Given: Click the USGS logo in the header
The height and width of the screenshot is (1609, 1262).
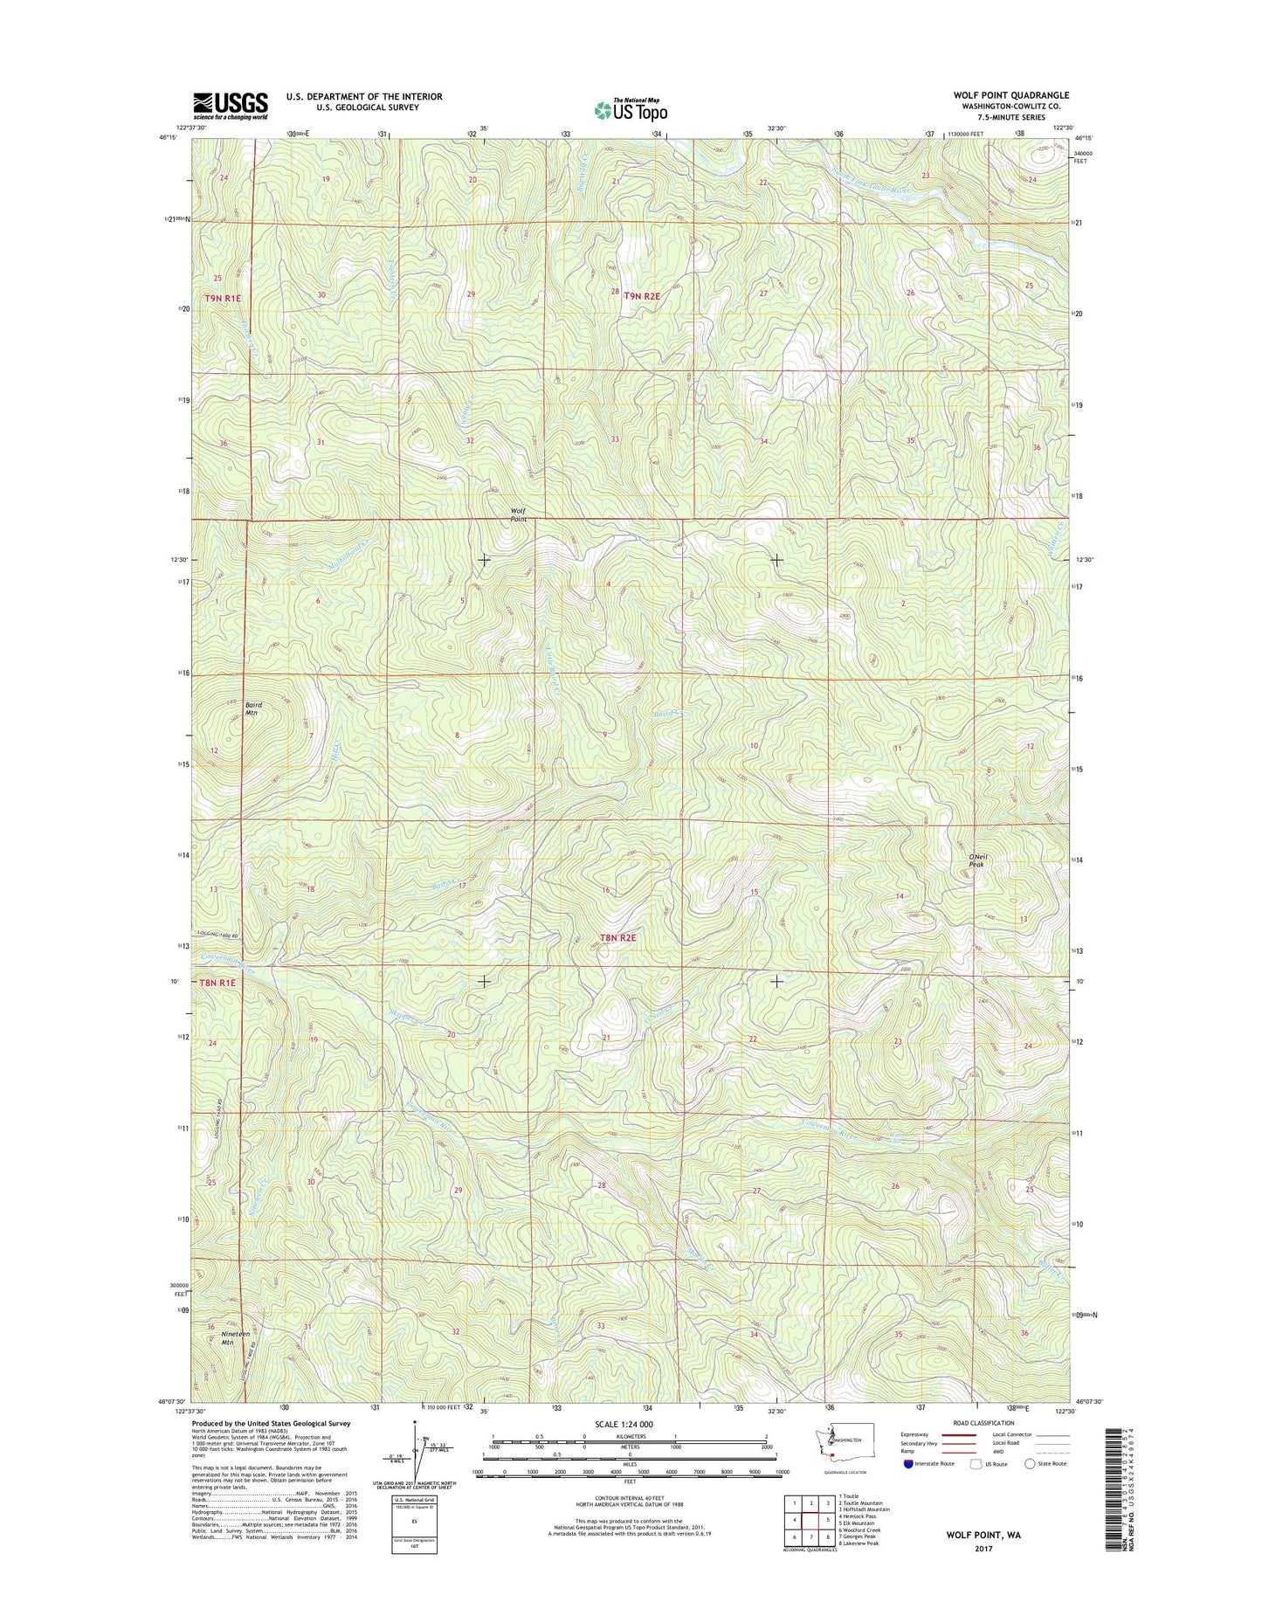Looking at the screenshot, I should coord(231,106).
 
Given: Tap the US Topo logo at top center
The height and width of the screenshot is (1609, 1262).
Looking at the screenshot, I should coord(630,110).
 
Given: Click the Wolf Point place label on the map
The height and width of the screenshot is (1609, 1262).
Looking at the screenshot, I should coord(519,515).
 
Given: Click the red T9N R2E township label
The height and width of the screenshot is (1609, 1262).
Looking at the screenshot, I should coord(645,296).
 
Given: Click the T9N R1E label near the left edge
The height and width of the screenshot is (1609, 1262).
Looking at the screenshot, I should coord(222,299).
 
